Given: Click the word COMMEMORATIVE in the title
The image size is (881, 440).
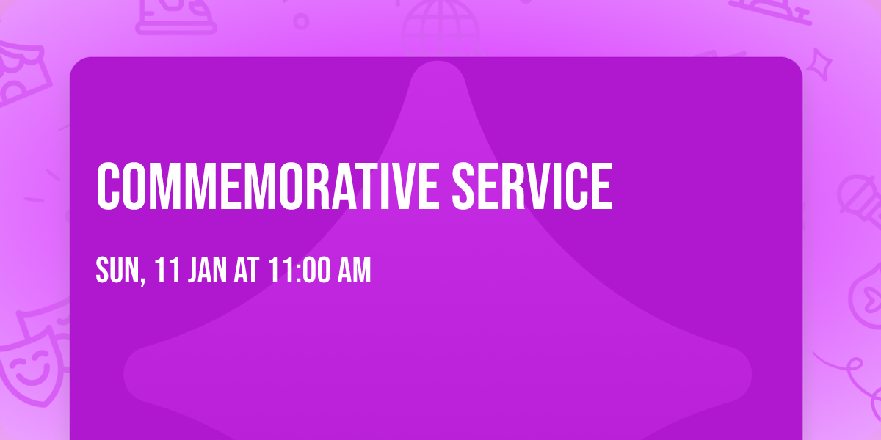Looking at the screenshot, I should coord(268,186).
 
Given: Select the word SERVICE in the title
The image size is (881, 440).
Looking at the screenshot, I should coord(531,186).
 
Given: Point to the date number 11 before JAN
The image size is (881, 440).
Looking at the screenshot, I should coord(167,271).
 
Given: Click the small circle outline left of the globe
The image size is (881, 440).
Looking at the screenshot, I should coord(301,21).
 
